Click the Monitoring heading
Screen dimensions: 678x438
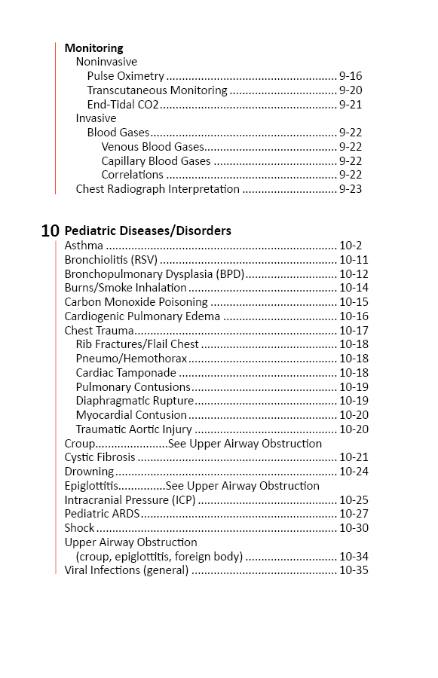coord(93,48)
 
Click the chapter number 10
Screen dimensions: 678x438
coord(51,231)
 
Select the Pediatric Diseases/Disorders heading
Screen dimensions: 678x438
coord(148,231)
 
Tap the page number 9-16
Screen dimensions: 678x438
coord(351,76)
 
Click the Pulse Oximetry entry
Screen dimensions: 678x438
coord(125,76)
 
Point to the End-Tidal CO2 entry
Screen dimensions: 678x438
coord(123,105)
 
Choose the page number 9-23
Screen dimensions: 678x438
coord(351,189)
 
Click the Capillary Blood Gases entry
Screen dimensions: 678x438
coord(156,161)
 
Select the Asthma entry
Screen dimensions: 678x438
coord(84,246)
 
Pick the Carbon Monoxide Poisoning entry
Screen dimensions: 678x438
coord(136,302)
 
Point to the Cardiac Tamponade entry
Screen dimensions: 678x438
coord(126,373)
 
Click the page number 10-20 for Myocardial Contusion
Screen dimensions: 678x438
coord(354,415)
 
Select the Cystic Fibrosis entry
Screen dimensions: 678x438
coord(100,457)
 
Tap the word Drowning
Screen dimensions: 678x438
coord(89,472)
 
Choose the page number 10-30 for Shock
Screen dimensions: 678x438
coord(354,528)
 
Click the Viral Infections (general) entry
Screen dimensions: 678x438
coord(127,570)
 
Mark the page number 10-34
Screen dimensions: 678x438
coord(354,557)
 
